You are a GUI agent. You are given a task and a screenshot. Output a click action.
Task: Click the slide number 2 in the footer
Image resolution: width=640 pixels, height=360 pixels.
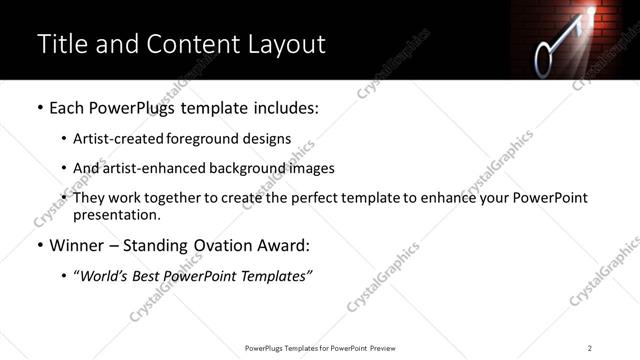pyautogui.click(x=590, y=348)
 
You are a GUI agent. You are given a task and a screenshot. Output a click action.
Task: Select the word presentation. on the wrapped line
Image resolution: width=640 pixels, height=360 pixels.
pyautogui.click(x=116, y=214)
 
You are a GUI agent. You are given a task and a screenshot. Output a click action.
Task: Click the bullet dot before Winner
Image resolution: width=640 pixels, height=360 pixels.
pyautogui.click(x=39, y=245)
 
